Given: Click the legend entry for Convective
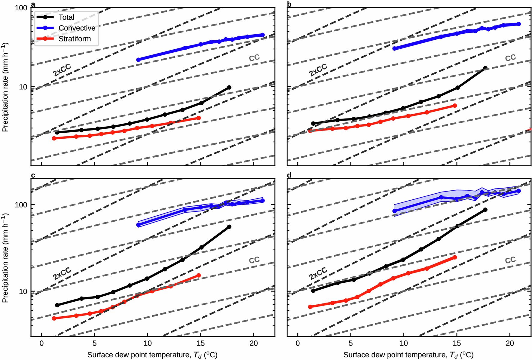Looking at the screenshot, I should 77,28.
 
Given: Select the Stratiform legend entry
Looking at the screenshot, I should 75,39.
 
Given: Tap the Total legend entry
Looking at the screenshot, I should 66,17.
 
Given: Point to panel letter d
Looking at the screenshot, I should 289,175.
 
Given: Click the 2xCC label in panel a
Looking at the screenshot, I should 62,70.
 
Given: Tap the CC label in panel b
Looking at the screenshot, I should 510,58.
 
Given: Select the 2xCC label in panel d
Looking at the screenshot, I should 318,273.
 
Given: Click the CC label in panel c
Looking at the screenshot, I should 254,260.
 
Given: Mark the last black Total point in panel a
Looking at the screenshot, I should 229,88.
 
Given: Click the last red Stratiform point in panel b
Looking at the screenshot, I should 455,106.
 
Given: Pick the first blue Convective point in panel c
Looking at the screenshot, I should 139,225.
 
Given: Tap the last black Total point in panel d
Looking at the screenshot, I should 485,210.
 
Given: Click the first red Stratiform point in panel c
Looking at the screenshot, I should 54,318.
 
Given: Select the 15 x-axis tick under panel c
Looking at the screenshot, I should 200,343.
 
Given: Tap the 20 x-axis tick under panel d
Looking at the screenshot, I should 510,343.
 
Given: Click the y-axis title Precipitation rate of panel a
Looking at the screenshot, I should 5,87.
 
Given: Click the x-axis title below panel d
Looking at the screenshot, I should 408,355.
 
